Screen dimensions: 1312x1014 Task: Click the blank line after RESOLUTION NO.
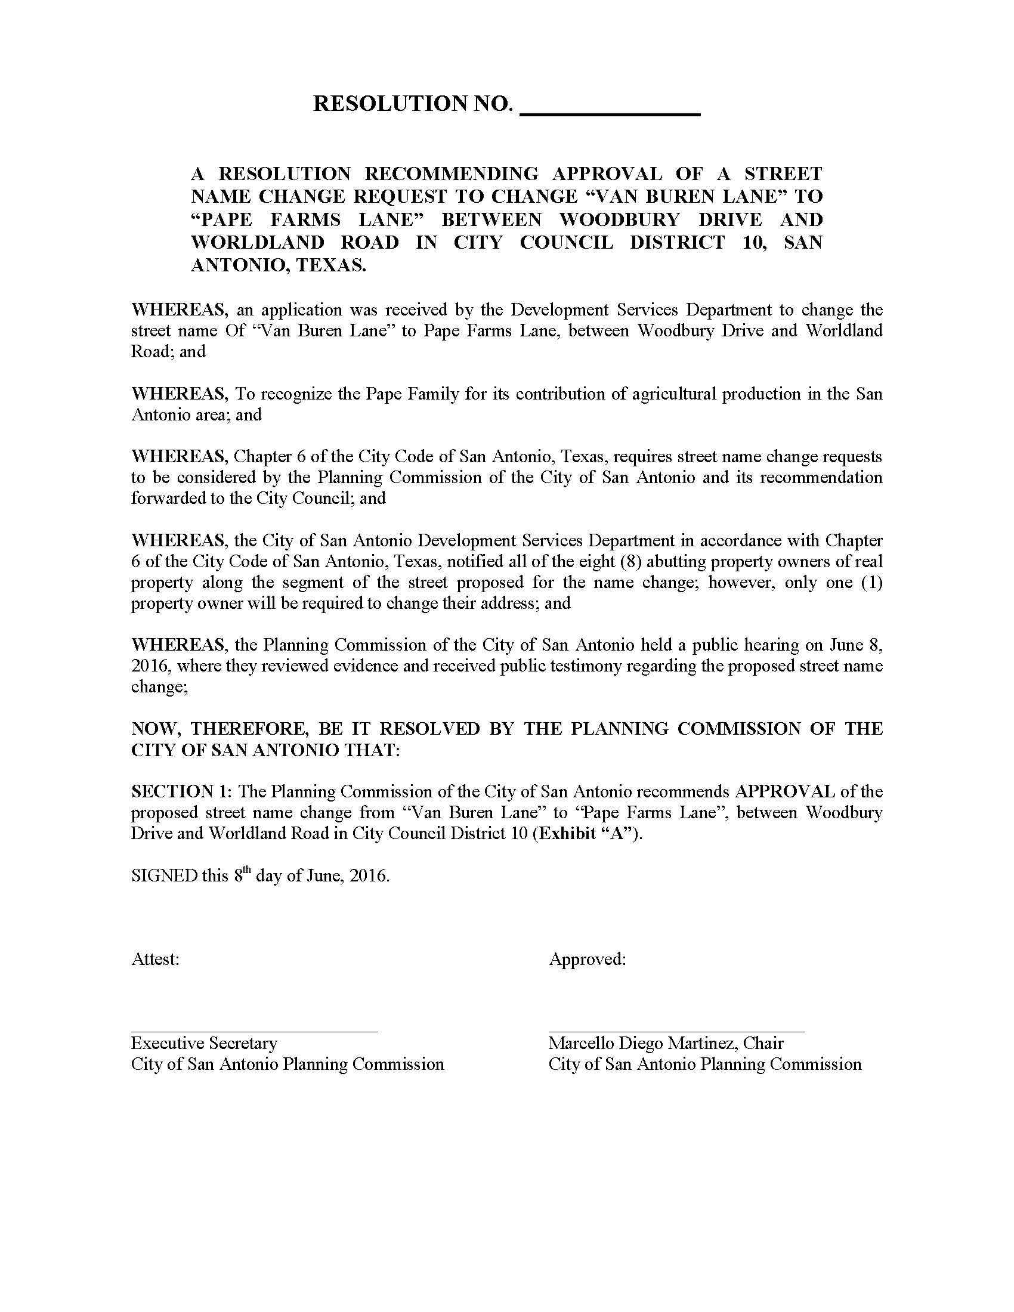(x=609, y=112)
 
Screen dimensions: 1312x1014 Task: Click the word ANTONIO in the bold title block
(x=233, y=265)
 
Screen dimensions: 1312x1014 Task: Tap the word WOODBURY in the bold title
(x=619, y=219)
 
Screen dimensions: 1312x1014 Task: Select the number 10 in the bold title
(x=753, y=242)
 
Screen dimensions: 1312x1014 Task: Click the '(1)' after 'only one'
(x=871, y=582)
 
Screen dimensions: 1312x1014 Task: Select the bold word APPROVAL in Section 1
(x=784, y=791)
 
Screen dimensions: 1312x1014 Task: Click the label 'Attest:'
(x=155, y=959)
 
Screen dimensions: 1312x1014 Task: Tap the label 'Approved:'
(x=587, y=959)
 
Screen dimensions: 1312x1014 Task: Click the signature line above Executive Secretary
(x=254, y=1032)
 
